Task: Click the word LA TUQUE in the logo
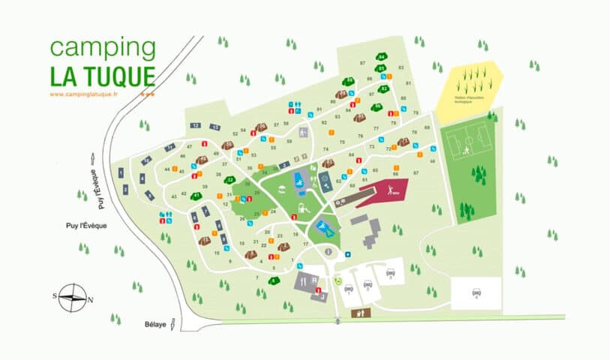pyautogui.click(x=103, y=76)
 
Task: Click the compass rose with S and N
pyautogui.click(x=72, y=298)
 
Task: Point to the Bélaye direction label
pyautogui.click(x=154, y=324)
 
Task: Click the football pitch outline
pyautogui.click(x=470, y=144)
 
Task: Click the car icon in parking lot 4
pyautogui.click(x=476, y=292)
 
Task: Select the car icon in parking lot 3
pyautogui.click(x=390, y=273)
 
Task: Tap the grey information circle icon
pyautogui.click(x=327, y=253)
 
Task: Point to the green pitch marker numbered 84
pyautogui.click(x=382, y=58)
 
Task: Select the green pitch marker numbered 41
pyautogui.click(x=197, y=196)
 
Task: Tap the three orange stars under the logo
pyautogui.click(x=149, y=94)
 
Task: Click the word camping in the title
pyautogui.click(x=103, y=49)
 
